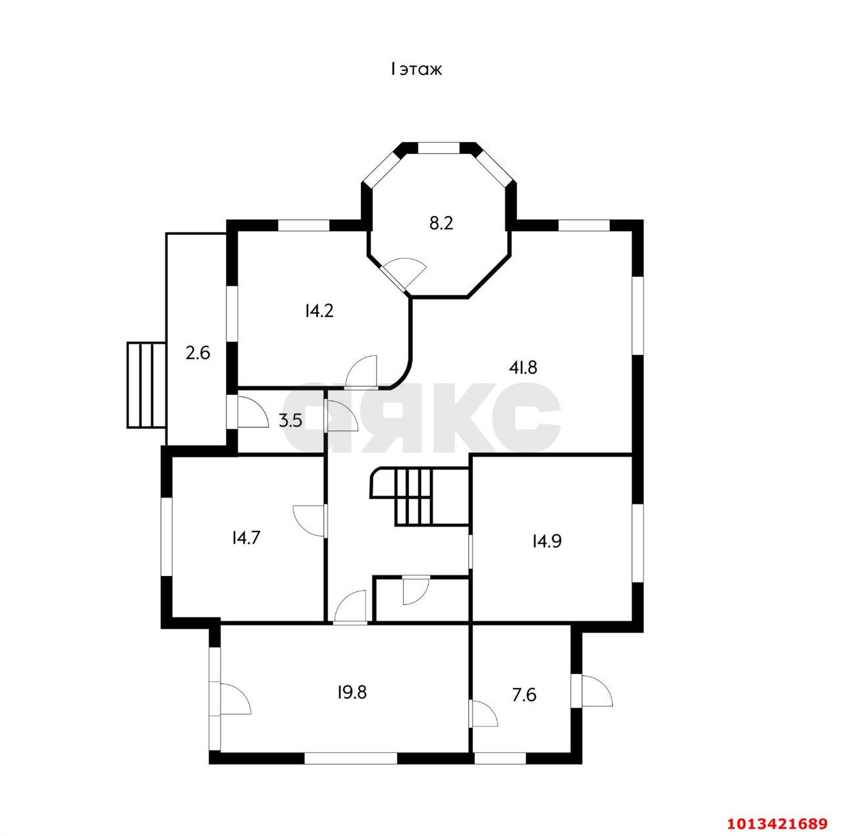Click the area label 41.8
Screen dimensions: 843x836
(x=522, y=367)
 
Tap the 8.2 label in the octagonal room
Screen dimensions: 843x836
(x=441, y=223)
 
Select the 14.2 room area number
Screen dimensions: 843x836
(x=319, y=311)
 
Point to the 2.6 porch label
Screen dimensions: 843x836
(x=198, y=353)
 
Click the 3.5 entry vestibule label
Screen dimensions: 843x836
(x=290, y=421)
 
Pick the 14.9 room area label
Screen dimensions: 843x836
(x=547, y=542)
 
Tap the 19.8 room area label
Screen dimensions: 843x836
(x=352, y=692)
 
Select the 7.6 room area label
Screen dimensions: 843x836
(x=524, y=694)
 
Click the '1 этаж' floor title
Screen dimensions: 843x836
(x=416, y=69)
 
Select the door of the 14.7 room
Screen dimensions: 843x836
(x=310, y=521)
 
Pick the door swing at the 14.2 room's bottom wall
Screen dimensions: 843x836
(x=362, y=372)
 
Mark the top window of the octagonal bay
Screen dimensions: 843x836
(x=439, y=147)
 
